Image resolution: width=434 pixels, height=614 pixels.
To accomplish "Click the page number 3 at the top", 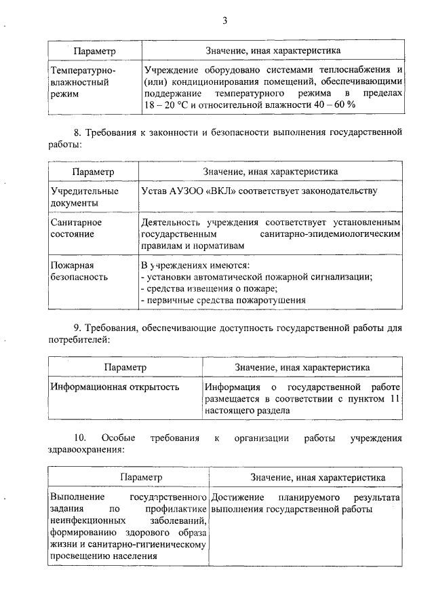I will [x=224, y=21].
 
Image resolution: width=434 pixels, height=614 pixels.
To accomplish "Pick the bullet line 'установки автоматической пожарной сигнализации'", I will [x=258, y=277].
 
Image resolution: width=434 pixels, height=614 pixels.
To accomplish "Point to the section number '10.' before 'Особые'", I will [x=80, y=438].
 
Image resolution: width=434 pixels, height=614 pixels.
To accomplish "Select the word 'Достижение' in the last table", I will [x=236, y=497].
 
